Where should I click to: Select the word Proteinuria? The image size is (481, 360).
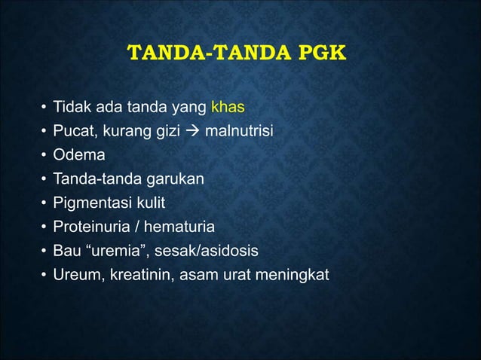click(x=87, y=227)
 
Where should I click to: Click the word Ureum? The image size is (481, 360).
click(x=74, y=273)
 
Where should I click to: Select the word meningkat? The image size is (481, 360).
click(x=293, y=273)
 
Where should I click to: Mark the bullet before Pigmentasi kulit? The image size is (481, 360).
click(x=44, y=204)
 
